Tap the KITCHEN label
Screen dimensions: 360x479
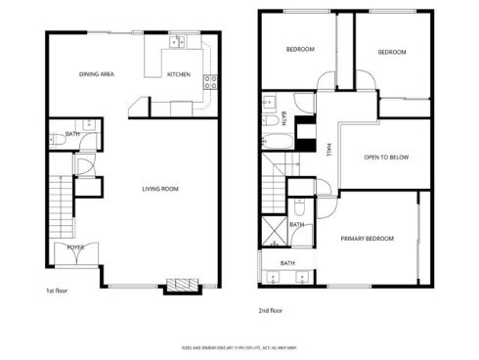178,74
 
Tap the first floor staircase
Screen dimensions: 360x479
58,200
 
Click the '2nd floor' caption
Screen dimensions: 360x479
270,311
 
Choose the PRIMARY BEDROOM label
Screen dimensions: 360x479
367,239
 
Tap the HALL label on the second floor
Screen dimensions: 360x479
327,149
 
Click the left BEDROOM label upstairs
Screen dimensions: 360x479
299,49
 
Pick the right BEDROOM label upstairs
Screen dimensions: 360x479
391,52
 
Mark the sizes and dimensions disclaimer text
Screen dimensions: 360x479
239,345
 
